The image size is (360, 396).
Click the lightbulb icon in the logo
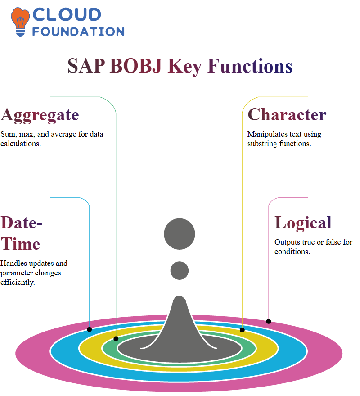[20, 22]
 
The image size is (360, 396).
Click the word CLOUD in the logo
[67, 15]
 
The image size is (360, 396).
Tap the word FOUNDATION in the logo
[78, 32]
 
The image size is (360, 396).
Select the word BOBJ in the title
[136, 66]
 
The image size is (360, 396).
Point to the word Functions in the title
[250, 66]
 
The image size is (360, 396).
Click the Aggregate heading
[40, 115]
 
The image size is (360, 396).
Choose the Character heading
[287, 114]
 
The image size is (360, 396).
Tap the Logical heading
[303, 223]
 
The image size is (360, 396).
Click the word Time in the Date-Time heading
[20, 244]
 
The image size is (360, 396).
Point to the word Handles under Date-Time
[13, 263]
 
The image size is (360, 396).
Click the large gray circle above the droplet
[180, 234]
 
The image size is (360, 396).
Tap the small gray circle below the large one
[180, 270]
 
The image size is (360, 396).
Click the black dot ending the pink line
[269, 322]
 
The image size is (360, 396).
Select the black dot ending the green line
[116, 339]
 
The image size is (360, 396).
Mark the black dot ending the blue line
[89, 329]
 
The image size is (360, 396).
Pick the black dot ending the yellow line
[242, 330]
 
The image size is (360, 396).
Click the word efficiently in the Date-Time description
[18, 282]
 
